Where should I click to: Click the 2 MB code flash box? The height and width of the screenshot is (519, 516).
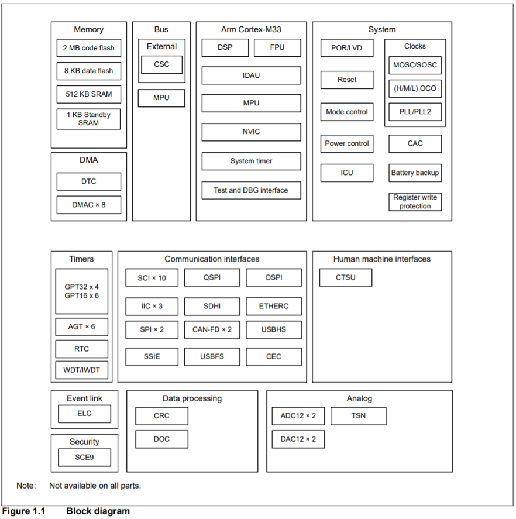click(89, 48)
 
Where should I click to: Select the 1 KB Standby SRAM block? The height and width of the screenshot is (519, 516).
click(89, 119)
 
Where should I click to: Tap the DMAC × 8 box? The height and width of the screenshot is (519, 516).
click(89, 205)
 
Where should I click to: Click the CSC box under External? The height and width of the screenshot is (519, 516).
click(161, 64)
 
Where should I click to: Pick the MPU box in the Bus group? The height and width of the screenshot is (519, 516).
click(161, 98)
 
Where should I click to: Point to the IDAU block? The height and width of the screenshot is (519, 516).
click(251, 75)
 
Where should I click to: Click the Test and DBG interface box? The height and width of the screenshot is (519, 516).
click(251, 190)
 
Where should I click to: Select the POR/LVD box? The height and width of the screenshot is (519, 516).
click(347, 48)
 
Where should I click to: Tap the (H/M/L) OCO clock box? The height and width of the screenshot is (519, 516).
click(415, 88)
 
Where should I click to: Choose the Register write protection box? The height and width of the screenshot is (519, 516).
click(415, 202)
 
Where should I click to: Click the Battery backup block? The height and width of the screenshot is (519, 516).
click(415, 173)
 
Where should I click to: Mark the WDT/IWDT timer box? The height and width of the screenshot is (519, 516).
click(82, 370)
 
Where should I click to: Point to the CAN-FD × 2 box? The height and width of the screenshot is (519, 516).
click(212, 329)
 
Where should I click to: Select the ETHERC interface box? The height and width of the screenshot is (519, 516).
click(274, 306)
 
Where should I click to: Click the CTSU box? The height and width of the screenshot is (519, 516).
click(346, 277)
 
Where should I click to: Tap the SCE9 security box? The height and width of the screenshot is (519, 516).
click(84, 458)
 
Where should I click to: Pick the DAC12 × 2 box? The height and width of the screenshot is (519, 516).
click(298, 439)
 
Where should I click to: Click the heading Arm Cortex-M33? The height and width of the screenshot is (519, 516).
click(251, 29)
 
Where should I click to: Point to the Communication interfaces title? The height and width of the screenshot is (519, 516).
click(212, 259)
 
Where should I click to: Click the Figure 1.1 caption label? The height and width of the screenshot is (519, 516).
click(23, 511)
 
